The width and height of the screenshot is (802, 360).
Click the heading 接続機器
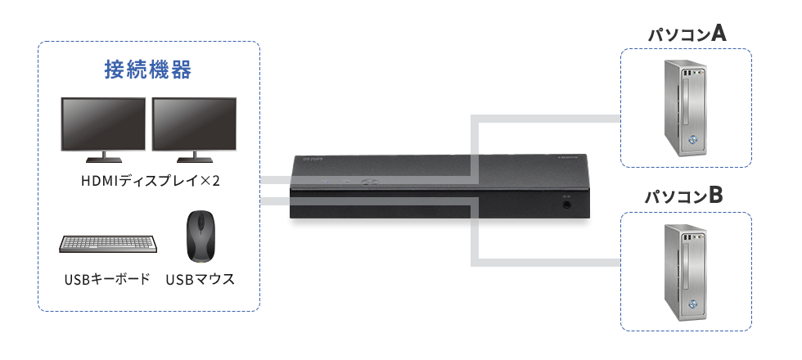point(148,70)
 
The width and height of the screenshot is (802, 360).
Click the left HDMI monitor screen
point(103,124)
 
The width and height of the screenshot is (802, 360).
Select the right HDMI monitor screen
point(195,124)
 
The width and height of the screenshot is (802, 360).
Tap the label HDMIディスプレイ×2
point(151,181)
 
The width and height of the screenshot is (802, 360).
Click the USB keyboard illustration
point(108,244)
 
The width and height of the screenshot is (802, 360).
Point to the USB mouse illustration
point(199,236)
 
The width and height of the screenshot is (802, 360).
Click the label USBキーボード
point(107,279)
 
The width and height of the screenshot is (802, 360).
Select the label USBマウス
point(200,279)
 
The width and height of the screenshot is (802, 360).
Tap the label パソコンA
point(687,34)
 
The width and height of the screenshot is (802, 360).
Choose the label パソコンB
point(683,196)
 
